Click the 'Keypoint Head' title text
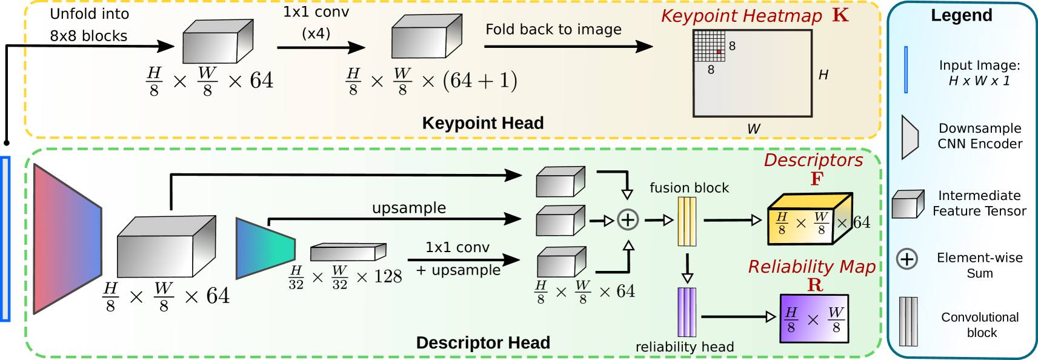tap(482, 123)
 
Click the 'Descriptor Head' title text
tap(482, 342)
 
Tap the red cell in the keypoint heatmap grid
tap(719, 52)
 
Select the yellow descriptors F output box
tap(809, 219)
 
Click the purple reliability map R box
tap(814, 318)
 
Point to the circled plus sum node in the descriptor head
tap(628, 219)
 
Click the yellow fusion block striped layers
tap(687, 221)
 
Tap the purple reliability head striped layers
tap(687, 312)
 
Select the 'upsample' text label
tap(409, 208)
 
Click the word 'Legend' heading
tap(961, 15)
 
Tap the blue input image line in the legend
tap(906, 70)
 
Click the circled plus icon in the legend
tap(907, 259)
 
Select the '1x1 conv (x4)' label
tap(316, 22)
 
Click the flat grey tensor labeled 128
tap(348, 252)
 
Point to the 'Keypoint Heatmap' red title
tap(741, 16)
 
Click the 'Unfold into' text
tap(89, 13)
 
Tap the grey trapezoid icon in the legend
tap(910, 137)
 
